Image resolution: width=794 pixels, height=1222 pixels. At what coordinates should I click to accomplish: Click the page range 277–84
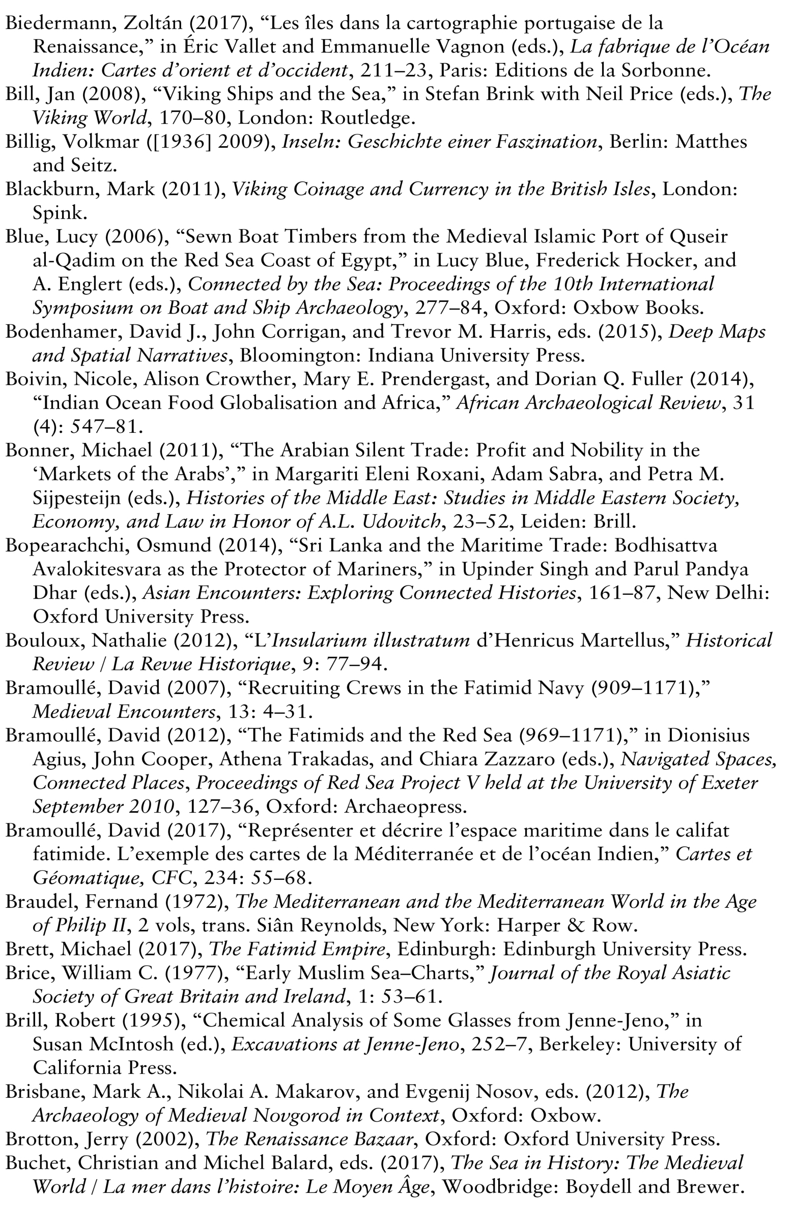[x=448, y=308]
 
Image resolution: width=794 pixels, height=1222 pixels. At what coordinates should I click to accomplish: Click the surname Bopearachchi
[x=67, y=545]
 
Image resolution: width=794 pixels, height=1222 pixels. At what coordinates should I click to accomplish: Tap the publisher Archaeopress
[x=405, y=807]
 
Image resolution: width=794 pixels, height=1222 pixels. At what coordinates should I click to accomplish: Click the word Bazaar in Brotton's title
[x=382, y=1140]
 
